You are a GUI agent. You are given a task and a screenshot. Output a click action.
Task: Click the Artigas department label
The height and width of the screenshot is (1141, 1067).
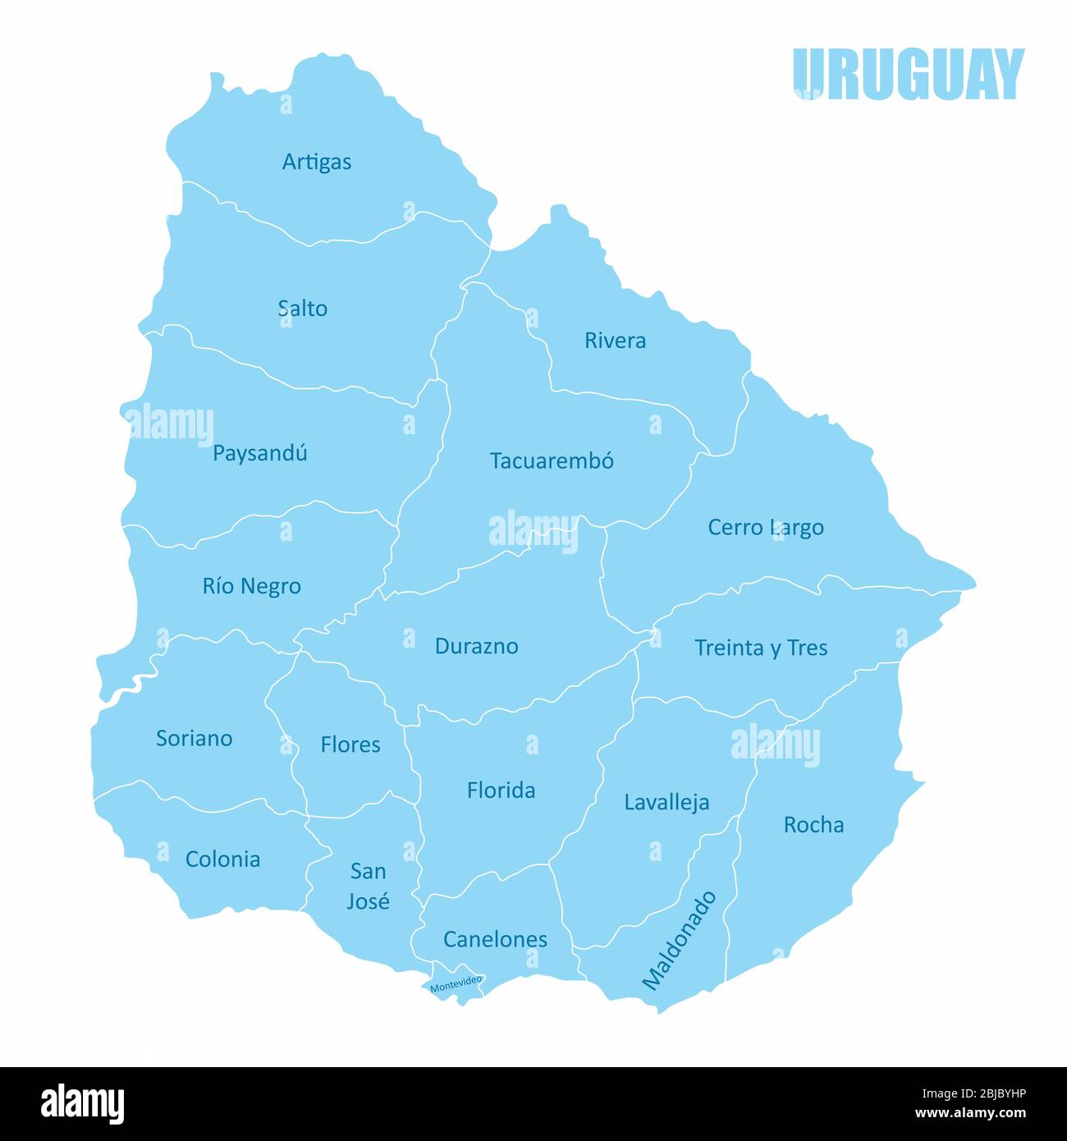tap(317, 162)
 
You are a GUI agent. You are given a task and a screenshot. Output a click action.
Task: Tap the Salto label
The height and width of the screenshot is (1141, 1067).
tap(303, 309)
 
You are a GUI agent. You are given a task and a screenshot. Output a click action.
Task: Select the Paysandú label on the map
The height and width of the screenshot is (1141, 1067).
tap(260, 453)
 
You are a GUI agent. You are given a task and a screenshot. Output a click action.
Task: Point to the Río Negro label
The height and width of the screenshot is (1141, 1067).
tap(252, 586)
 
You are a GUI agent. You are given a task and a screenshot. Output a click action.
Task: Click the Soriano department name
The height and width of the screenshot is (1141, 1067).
tap(195, 738)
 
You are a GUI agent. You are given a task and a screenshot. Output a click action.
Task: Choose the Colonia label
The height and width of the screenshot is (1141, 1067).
tap(223, 859)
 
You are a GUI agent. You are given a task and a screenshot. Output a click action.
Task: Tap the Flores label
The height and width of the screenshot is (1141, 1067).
tap(350, 745)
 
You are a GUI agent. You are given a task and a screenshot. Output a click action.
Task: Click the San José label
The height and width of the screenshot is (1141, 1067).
tap(368, 886)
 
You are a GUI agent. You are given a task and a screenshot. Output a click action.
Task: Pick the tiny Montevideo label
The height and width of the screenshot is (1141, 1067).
tap(456, 983)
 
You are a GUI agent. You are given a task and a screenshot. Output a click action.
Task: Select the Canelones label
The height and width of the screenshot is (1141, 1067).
tap(495, 939)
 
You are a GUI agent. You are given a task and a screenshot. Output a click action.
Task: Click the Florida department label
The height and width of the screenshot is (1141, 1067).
tap(501, 790)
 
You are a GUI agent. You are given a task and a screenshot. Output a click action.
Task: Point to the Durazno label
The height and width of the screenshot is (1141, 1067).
tap(476, 646)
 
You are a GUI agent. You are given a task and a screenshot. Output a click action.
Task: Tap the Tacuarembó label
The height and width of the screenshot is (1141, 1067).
tap(552, 461)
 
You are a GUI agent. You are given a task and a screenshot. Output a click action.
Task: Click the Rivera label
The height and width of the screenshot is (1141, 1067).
tap(615, 340)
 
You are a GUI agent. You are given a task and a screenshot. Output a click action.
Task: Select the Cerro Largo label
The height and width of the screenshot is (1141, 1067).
tap(766, 527)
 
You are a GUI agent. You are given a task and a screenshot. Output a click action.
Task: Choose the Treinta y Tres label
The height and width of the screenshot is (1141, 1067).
tap(761, 648)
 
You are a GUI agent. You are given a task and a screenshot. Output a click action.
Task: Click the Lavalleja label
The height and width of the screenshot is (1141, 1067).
tap(666, 802)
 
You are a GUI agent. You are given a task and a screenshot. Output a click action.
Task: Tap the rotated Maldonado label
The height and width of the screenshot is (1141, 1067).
tap(679, 940)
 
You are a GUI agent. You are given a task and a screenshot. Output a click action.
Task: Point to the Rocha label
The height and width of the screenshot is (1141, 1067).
tap(813, 824)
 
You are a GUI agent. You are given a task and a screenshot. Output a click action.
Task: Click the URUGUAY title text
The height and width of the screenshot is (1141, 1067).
tap(909, 74)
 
